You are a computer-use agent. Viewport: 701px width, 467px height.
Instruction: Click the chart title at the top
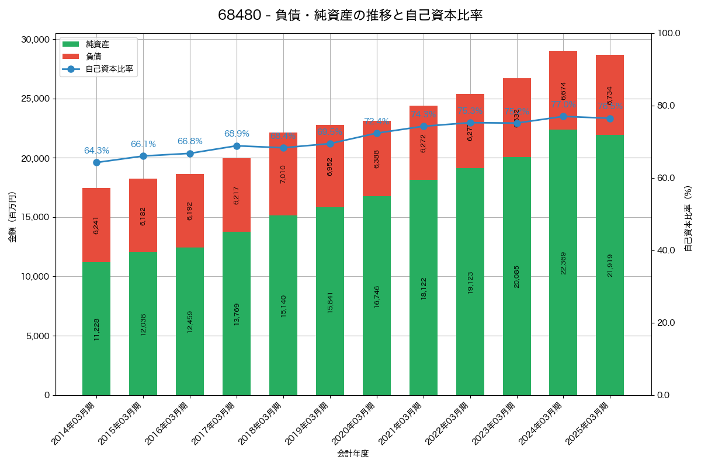(350, 15)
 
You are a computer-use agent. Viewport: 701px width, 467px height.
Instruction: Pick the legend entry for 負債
(93, 57)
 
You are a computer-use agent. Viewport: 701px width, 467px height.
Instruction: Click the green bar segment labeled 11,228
(96, 329)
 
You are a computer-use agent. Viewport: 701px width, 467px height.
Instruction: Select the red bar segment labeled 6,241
(96, 225)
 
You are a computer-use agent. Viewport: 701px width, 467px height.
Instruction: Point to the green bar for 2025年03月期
(610, 265)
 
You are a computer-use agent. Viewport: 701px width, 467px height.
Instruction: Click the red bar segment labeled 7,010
(283, 174)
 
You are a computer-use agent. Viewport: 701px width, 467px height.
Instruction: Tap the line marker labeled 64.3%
(96, 162)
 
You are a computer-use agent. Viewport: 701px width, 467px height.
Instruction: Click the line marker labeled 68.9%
(237, 146)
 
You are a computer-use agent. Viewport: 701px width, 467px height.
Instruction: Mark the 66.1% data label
(143, 144)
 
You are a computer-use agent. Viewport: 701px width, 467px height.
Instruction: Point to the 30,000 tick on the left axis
(35, 40)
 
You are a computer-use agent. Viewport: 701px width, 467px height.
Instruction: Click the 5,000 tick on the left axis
(37, 336)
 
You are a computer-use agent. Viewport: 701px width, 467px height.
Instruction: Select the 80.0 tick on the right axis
(666, 106)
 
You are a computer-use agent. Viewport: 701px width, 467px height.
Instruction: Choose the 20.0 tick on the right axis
(666, 323)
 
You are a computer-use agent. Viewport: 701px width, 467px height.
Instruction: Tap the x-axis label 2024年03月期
(541, 423)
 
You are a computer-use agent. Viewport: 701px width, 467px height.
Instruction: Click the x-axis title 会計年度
(353, 454)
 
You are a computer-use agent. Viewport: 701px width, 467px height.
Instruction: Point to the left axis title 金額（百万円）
(12, 217)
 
